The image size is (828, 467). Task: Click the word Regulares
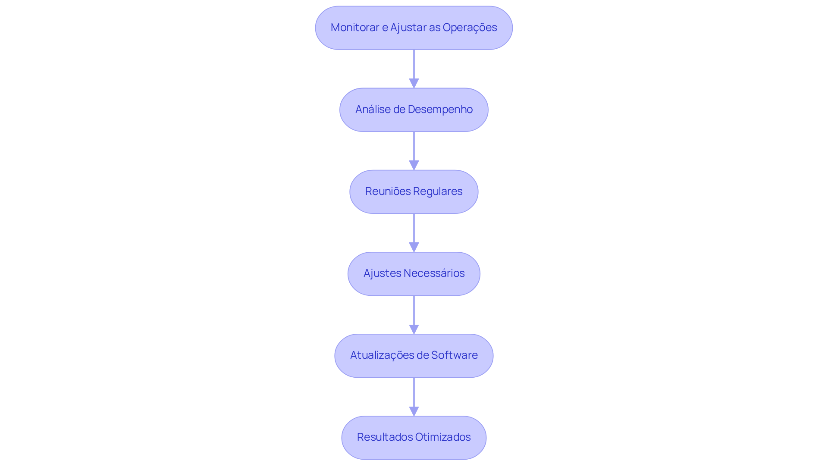(439, 191)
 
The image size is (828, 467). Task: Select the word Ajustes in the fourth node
(382, 273)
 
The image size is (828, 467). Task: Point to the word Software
(454, 355)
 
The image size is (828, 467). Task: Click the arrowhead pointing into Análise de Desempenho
(414, 83)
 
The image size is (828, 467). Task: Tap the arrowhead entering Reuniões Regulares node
(414, 165)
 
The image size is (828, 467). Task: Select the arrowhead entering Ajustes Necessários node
(414, 247)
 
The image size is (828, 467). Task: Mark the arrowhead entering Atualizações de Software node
(414, 329)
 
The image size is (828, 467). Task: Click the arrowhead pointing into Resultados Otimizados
(414, 411)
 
